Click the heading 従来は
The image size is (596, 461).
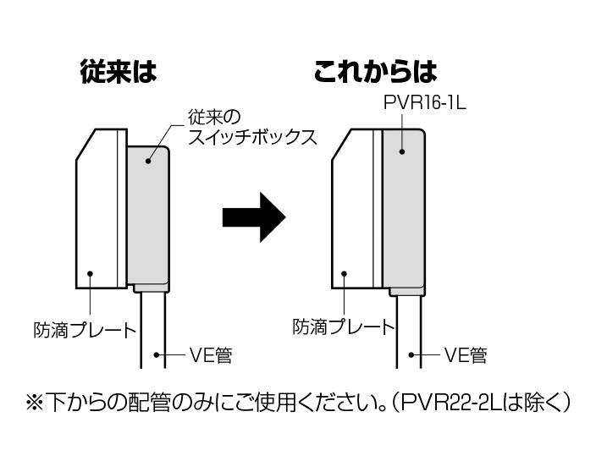coord(118,71)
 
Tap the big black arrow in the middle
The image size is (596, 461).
coord(253,217)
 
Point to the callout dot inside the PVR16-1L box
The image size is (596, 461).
coord(403,153)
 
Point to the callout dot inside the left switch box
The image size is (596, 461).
coord(149,158)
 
